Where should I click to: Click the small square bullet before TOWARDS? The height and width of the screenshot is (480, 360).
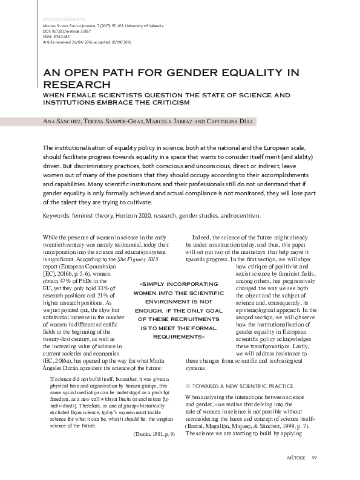click(188, 386)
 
